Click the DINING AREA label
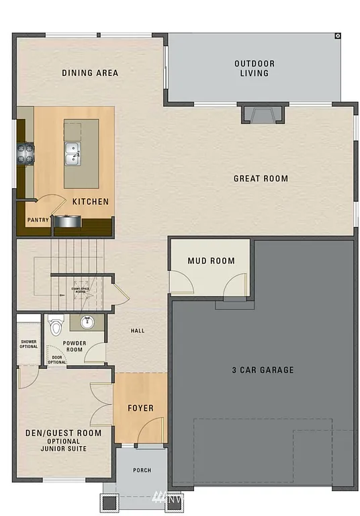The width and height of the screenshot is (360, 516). (90, 73)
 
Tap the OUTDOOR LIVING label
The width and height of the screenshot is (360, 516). (255, 69)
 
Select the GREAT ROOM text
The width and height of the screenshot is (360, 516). (261, 179)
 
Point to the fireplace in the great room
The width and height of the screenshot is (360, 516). (263, 114)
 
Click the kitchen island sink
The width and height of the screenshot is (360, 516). (73, 153)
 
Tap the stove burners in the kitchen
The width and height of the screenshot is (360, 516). (26, 154)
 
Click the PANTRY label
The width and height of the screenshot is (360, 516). (36, 220)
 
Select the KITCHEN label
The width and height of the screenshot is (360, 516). (91, 202)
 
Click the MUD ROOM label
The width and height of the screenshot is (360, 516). (211, 261)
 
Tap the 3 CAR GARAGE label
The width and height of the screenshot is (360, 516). (263, 370)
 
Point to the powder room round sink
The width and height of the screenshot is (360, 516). (87, 322)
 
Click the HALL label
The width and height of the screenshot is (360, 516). (137, 331)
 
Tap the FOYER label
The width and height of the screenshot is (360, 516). (140, 408)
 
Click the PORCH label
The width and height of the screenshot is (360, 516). (142, 470)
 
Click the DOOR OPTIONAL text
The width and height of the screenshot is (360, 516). (57, 359)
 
